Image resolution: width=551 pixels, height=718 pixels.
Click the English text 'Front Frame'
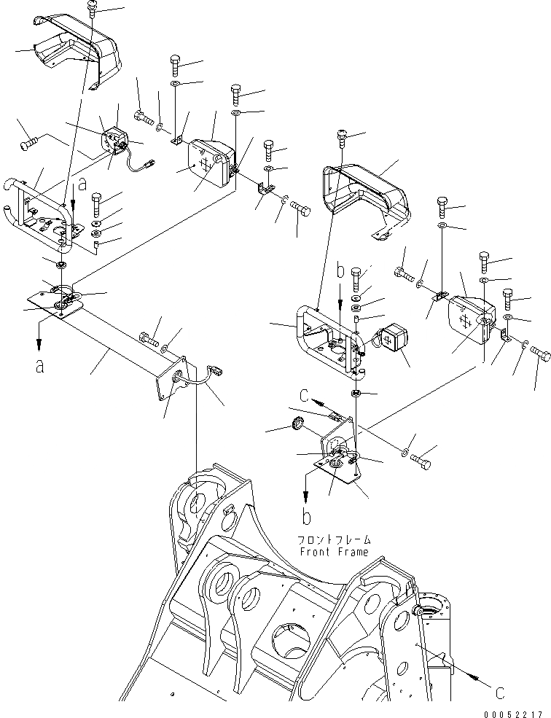pyautogui.click(x=334, y=552)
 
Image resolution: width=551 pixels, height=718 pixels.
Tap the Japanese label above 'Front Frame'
pyautogui.click(x=334, y=540)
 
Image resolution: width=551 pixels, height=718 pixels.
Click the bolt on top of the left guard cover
pyautogui.click(x=93, y=8)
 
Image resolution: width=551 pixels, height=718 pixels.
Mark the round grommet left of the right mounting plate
pyautogui.click(x=297, y=425)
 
